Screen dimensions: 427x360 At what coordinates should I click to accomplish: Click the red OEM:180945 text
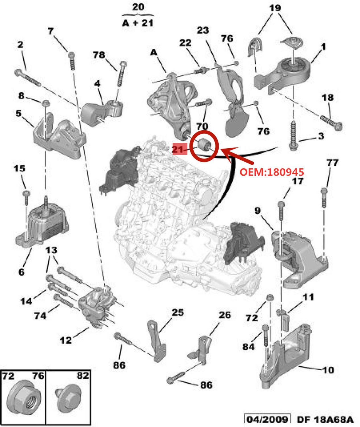(272, 172)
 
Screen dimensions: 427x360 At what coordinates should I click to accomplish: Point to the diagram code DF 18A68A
(325, 419)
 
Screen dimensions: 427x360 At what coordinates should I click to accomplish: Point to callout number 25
(178, 313)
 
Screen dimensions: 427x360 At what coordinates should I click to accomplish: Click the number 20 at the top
(138, 7)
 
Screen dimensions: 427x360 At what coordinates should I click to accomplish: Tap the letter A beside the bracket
(154, 52)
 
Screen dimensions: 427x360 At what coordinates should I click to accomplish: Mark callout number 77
(332, 163)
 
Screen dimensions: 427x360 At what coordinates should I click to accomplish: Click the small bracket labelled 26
(202, 349)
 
